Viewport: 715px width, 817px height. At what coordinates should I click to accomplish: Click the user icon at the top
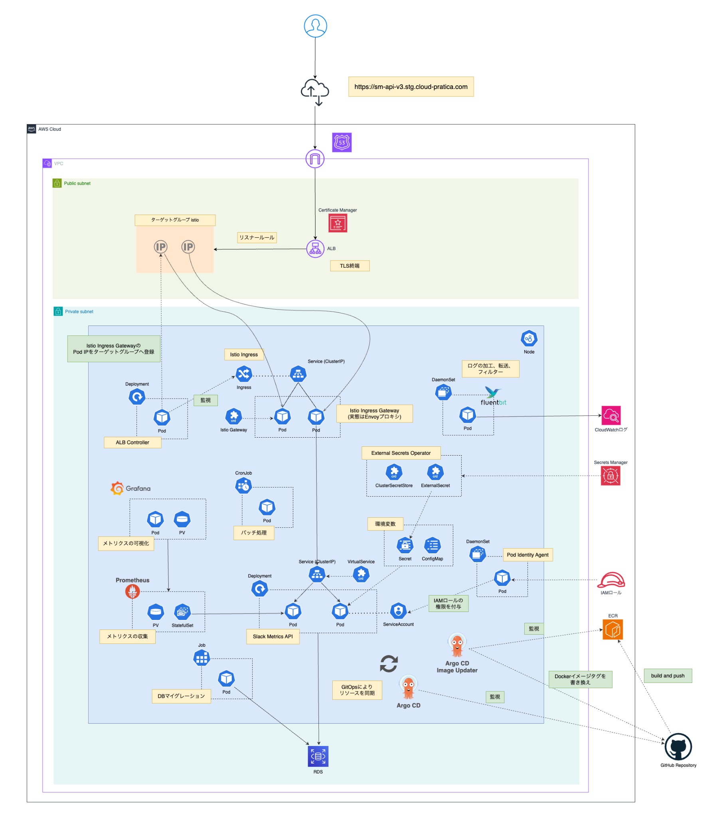(315, 26)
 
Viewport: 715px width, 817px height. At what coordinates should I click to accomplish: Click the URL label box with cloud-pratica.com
(411, 87)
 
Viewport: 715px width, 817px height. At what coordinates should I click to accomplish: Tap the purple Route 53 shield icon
(342, 142)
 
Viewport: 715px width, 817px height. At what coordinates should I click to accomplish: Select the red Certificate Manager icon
(338, 223)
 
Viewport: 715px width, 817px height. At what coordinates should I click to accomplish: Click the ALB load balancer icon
(315, 249)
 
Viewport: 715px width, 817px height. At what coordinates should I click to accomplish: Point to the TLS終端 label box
(350, 266)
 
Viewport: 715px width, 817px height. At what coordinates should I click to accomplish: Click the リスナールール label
(257, 237)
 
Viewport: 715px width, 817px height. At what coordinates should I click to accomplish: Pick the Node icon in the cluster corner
(529, 339)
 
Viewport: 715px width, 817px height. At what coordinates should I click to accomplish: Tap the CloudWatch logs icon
(610, 415)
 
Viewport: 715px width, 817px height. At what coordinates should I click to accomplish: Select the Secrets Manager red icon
(610, 476)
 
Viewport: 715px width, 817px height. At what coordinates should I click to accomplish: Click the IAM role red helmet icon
(610, 580)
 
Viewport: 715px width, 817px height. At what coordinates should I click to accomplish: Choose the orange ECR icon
(612, 630)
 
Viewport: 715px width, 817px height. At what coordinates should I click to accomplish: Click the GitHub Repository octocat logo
(678, 746)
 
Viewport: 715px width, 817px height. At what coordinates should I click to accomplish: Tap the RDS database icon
(318, 756)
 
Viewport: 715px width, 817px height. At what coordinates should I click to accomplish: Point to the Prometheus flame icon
(132, 591)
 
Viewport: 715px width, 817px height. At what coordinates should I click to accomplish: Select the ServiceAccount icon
(398, 610)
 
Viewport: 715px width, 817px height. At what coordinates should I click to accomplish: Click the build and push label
(668, 676)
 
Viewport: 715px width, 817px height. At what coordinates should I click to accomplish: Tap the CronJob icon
(243, 485)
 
